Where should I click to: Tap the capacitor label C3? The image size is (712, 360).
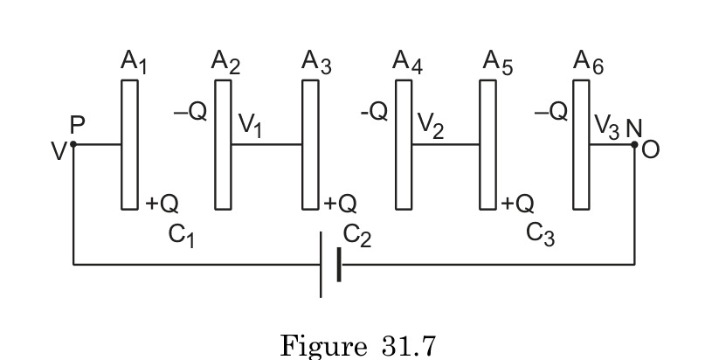tap(541, 235)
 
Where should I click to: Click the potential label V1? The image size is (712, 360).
tap(252, 128)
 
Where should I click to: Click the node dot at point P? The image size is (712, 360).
tap(73, 145)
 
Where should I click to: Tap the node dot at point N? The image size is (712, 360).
tap(634, 145)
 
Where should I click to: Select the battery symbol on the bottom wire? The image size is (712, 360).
tap(329, 264)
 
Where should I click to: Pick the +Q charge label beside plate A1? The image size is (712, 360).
tap(162, 204)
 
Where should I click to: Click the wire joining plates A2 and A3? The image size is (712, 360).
tap(266, 145)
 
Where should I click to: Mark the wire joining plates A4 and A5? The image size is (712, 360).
tap(445, 145)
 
